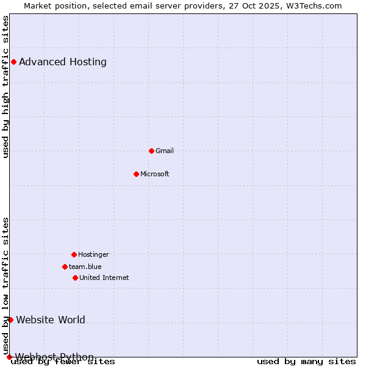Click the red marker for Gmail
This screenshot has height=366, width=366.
(151, 151)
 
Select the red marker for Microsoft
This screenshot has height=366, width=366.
(136, 174)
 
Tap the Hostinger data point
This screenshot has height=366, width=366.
(74, 254)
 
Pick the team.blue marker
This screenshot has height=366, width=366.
(65, 267)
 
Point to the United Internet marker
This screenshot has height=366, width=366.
(75, 278)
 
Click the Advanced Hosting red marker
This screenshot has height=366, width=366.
(13, 62)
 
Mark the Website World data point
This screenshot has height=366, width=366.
(10, 320)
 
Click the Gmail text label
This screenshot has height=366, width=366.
(165, 151)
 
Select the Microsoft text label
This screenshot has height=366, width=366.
(155, 174)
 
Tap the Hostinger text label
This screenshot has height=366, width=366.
(93, 254)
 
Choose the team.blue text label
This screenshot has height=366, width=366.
(85, 267)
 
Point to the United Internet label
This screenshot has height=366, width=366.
(104, 278)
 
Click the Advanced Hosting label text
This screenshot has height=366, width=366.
(63, 62)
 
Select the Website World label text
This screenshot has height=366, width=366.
(51, 320)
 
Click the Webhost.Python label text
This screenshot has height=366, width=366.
(54, 357)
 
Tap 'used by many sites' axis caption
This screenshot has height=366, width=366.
(306, 362)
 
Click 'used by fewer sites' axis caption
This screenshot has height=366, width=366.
(63, 362)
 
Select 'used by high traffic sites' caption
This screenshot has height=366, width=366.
(6, 87)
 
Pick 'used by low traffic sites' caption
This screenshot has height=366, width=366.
(6, 285)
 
